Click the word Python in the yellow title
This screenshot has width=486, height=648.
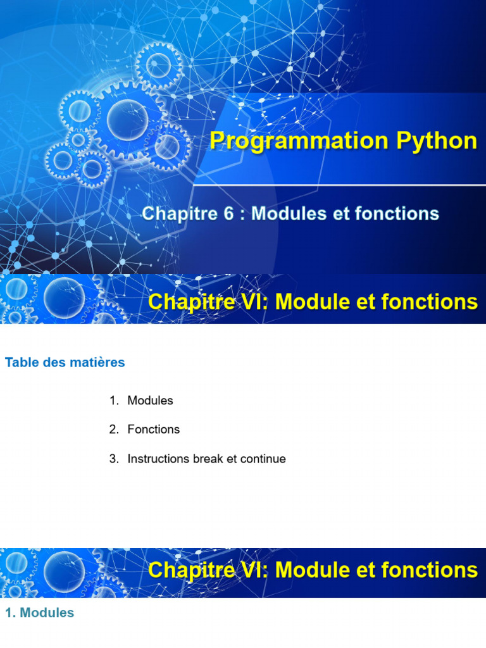437,141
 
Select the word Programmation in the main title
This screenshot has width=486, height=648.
299,141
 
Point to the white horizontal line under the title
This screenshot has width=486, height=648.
340,185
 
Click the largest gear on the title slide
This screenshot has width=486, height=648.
127,120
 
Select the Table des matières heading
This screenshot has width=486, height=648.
65,363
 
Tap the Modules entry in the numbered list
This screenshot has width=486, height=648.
150,401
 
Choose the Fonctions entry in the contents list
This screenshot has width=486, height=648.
153,430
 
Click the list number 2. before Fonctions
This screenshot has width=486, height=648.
114,430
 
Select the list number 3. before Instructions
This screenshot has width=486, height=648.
114,459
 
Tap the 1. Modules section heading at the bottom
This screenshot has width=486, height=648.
40,613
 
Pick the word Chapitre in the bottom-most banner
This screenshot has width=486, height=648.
192,570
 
